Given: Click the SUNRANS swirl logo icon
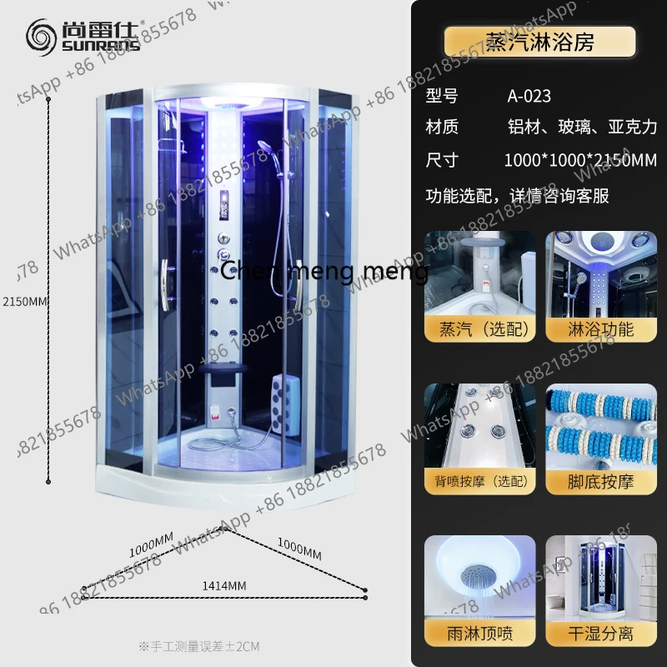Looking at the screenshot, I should point(41,37).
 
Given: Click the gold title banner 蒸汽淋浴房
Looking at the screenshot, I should point(539,42).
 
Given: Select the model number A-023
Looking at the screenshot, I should point(529,96).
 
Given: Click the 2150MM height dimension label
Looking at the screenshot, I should point(24,301).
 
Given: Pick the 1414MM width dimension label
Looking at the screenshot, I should point(224,586).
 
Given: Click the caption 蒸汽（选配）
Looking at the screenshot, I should point(478,329).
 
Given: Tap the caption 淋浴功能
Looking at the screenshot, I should point(601,329).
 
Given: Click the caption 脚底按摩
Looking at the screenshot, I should point(601,482).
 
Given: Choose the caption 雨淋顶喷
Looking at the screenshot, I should point(479,634).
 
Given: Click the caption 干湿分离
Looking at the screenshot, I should point(601,634).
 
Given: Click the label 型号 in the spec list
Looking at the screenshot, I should point(442,96).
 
